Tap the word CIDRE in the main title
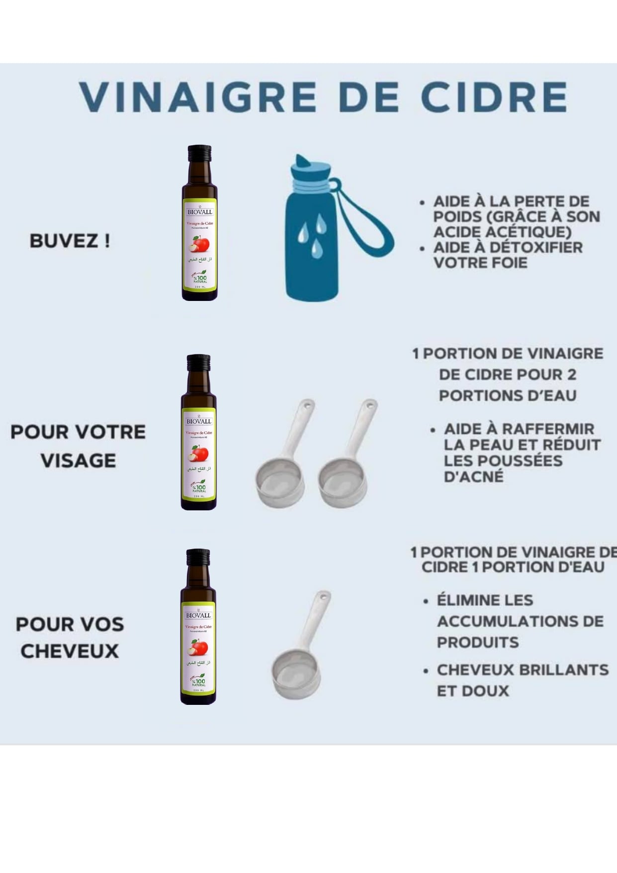494,97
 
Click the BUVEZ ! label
70,241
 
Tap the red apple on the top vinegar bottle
199,244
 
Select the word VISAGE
79,461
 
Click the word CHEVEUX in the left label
70,651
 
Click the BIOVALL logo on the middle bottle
199,421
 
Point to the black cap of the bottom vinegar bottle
198,555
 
